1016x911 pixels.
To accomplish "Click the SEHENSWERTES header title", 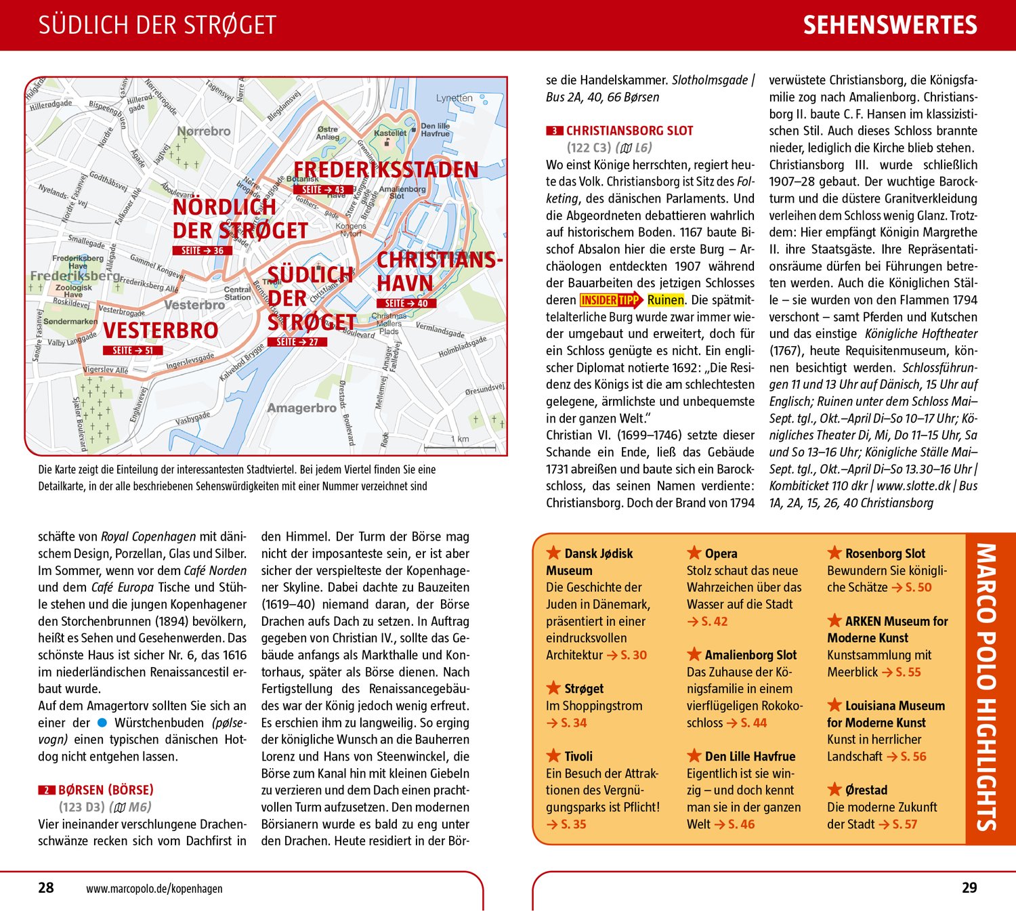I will (890, 26).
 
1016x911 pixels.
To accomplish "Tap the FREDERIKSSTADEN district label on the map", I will (385, 169).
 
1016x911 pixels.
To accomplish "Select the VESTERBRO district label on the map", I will (161, 331).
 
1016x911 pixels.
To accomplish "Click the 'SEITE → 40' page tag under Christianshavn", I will (406, 303).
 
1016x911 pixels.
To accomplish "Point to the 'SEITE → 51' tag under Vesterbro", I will (133, 350).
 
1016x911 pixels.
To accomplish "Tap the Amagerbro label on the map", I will (301, 408).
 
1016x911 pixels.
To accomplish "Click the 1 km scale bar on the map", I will (460, 447).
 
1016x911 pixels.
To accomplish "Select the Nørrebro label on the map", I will (203, 131).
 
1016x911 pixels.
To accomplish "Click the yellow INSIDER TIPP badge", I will (610, 300).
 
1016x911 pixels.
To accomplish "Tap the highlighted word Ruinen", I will (666, 300).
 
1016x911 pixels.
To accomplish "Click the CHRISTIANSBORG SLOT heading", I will (629, 131).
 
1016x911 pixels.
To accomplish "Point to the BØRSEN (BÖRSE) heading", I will (106, 790).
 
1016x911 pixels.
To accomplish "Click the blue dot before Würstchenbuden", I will (102, 723).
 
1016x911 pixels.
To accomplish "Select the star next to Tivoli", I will (553, 756).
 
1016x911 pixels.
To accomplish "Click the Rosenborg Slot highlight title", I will (885, 553).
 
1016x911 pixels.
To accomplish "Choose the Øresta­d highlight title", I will (866, 790).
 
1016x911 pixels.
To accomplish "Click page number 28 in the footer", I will (46, 888).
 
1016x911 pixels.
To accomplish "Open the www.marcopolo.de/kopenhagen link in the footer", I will (154, 889).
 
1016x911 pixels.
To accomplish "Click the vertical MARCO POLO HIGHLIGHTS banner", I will (986, 687).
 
